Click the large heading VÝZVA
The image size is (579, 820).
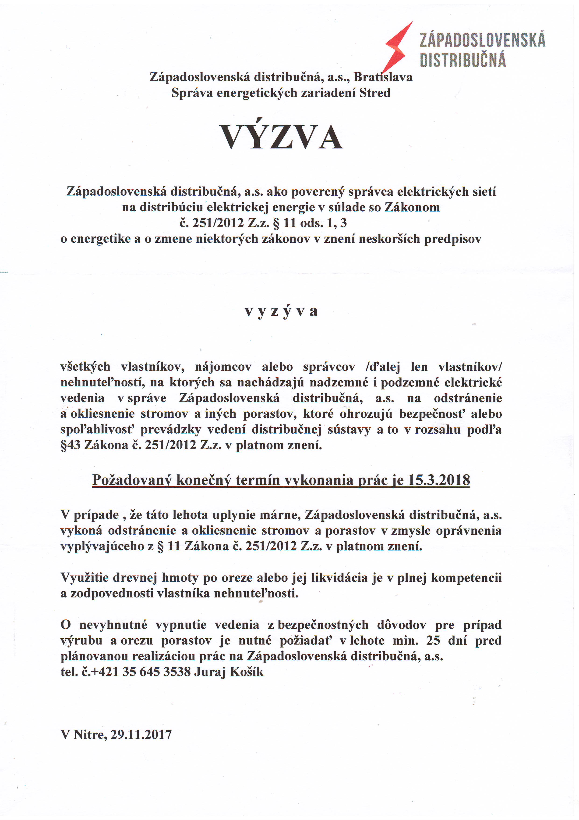click(x=282, y=137)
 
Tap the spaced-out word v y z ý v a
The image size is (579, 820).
click(x=281, y=311)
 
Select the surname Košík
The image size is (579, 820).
click(x=247, y=672)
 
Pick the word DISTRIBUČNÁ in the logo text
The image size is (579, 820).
click(x=463, y=60)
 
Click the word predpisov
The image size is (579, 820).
click(x=452, y=239)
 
